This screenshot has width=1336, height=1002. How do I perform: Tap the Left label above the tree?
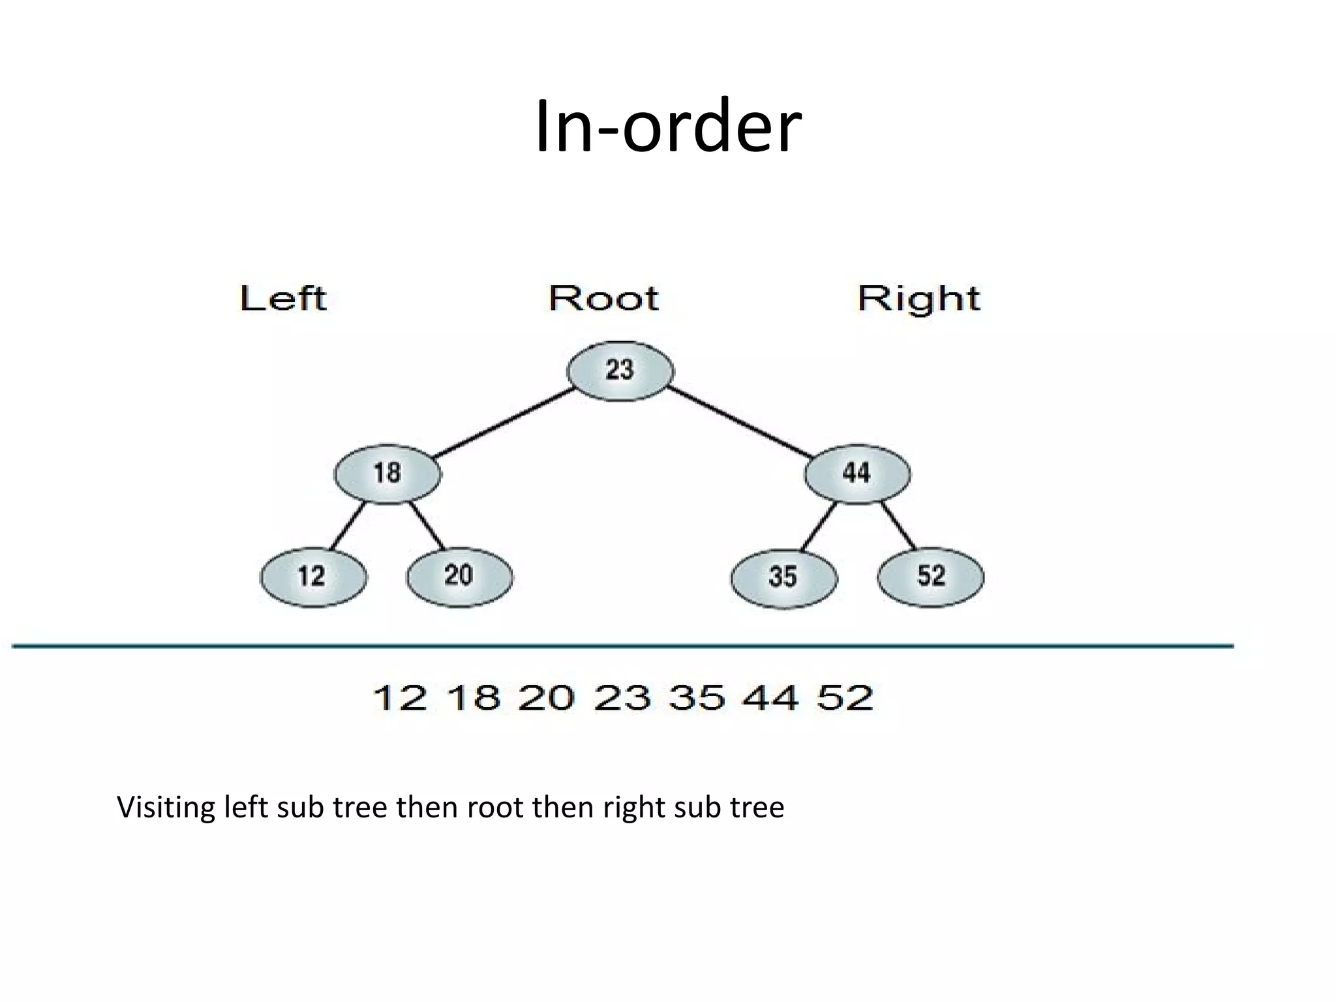point(283,299)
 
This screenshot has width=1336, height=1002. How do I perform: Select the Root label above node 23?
point(603,298)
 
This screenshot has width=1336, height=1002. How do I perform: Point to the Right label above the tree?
point(918,299)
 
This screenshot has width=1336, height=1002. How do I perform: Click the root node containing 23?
point(620,371)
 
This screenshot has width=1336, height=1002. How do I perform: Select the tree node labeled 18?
point(387,474)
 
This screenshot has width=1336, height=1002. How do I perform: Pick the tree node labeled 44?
point(857,473)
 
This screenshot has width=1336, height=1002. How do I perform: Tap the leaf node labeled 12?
point(313,577)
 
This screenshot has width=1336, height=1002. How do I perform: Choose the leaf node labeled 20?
point(459,576)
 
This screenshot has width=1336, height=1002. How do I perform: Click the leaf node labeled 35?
point(783,577)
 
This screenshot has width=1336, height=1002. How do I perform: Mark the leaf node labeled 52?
point(931,577)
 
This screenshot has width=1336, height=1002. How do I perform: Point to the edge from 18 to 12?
point(347,526)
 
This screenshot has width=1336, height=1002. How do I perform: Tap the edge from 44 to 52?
point(899,526)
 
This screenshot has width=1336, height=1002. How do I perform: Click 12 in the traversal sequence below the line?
point(400,697)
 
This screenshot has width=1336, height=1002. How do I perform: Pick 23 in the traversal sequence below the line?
point(622,697)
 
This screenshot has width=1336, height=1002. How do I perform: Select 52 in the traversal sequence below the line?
point(845,697)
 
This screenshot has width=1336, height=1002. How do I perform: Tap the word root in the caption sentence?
point(495,808)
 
